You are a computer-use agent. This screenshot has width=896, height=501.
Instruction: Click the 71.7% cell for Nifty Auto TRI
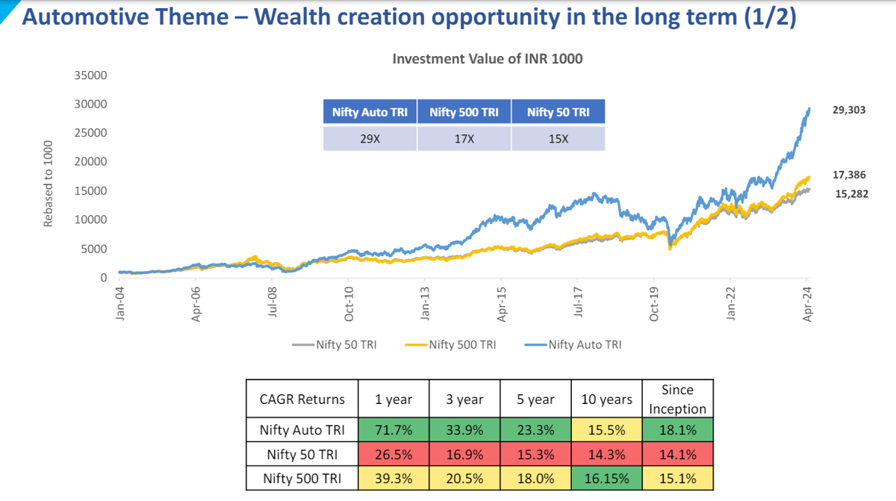click(x=393, y=430)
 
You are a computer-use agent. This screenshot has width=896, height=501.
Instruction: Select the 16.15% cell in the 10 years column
click(x=606, y=478)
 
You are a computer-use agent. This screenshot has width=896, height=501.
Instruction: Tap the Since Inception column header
click(x=677, y=399)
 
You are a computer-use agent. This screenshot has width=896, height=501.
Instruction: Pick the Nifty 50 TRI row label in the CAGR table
click(x=302, y=454)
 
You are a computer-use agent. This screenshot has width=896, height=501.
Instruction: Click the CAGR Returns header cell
click(x=302, y=399)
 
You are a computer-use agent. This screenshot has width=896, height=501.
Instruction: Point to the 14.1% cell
click(x=677, y=454)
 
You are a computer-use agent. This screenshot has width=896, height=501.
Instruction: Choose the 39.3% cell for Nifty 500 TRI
click(x=393, y=478)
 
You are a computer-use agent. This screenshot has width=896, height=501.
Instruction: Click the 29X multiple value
click(x=370, y=139)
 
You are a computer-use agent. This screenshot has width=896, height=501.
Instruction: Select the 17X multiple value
click(x=464, y=139)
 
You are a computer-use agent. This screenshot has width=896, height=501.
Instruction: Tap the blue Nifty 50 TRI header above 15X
click(x=558, y=113)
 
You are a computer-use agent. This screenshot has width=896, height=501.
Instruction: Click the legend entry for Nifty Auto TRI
click(x=574, y=344)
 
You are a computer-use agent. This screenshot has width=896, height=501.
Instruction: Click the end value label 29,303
click(x=850, y=110)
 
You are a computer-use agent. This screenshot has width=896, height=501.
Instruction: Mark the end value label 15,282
click(x=850, y=193)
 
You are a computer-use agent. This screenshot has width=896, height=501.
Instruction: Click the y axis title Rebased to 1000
click(x=49, y=184)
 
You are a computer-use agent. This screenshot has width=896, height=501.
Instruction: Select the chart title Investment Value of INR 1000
click(x=488, y=59)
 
